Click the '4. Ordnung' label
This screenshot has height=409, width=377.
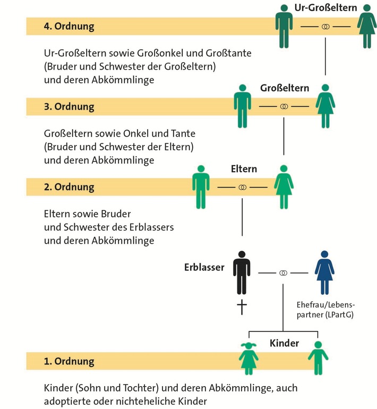(x=70, y=26)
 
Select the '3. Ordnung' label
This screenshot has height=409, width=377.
(x=70, y=106)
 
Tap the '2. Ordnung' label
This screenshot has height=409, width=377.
(x=70, y=187)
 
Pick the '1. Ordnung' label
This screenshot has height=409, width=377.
(x=70, y=362)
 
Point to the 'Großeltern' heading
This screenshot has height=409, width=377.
(x=285, y=88)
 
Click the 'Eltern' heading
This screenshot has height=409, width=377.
(x=244, y=169)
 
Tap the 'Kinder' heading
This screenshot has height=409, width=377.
(x=284, y=343)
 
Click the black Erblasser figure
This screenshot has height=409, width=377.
(x=243, y=272)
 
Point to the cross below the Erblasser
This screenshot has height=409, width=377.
(x=242, y=308)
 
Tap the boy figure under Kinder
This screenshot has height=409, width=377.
(x=318, y=357)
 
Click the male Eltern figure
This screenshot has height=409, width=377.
(x=201, y=186)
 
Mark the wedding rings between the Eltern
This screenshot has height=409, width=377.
(x=243, y=188)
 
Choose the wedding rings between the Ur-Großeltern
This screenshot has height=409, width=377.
(x=325, y=26)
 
